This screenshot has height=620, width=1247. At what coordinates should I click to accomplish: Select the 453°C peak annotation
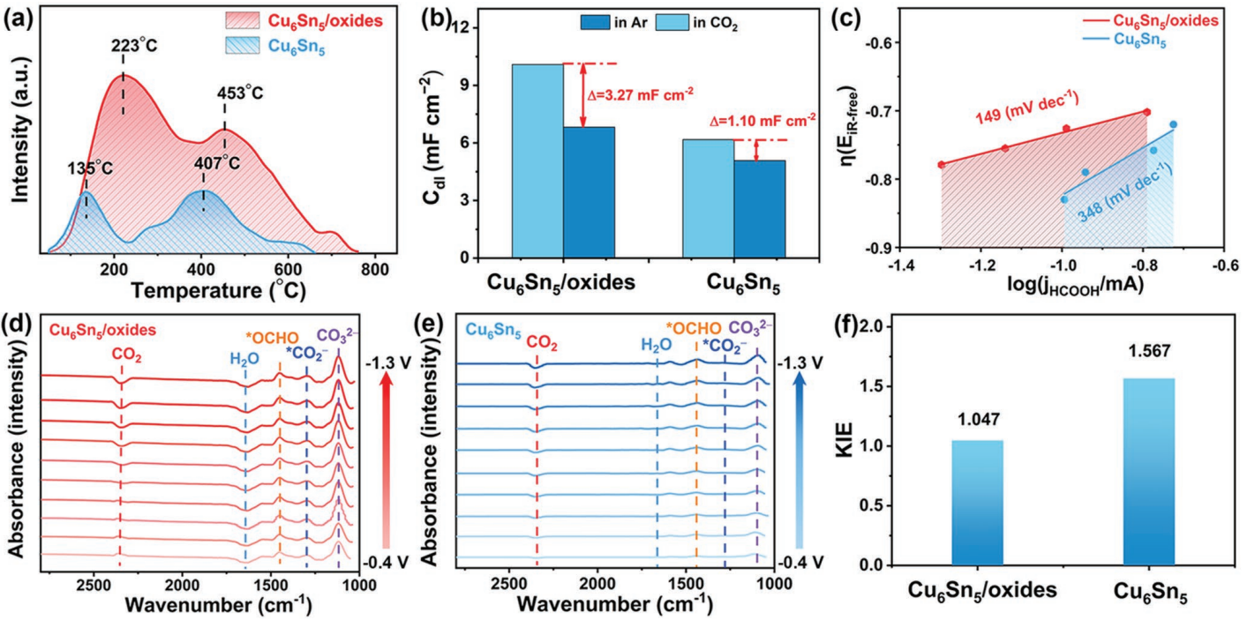click(x=241, y=93)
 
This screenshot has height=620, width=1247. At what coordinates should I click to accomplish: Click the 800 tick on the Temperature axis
click(x=375, y=269)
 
